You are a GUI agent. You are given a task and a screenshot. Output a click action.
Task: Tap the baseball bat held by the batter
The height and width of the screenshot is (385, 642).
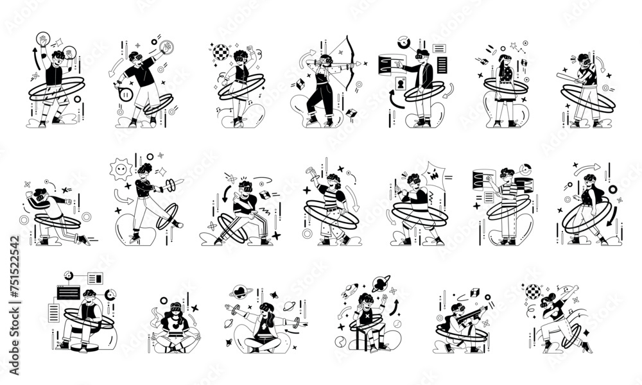[x=572, y=78]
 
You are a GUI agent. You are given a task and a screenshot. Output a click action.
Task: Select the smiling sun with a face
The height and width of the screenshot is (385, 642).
[x=119, y=171]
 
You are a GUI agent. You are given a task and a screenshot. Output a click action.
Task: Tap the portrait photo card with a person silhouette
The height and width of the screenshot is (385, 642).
[x=401, y=83]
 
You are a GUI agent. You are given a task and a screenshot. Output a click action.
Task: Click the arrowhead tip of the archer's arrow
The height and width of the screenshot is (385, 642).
[x=363, y=64]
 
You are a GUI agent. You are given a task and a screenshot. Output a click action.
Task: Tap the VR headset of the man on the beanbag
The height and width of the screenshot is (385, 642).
[x=89, y=296]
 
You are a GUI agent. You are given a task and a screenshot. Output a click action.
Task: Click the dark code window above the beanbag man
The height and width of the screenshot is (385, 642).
[x=68, y=293]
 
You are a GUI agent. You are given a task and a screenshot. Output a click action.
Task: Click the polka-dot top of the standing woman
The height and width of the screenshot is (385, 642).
[x=506, y=75]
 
